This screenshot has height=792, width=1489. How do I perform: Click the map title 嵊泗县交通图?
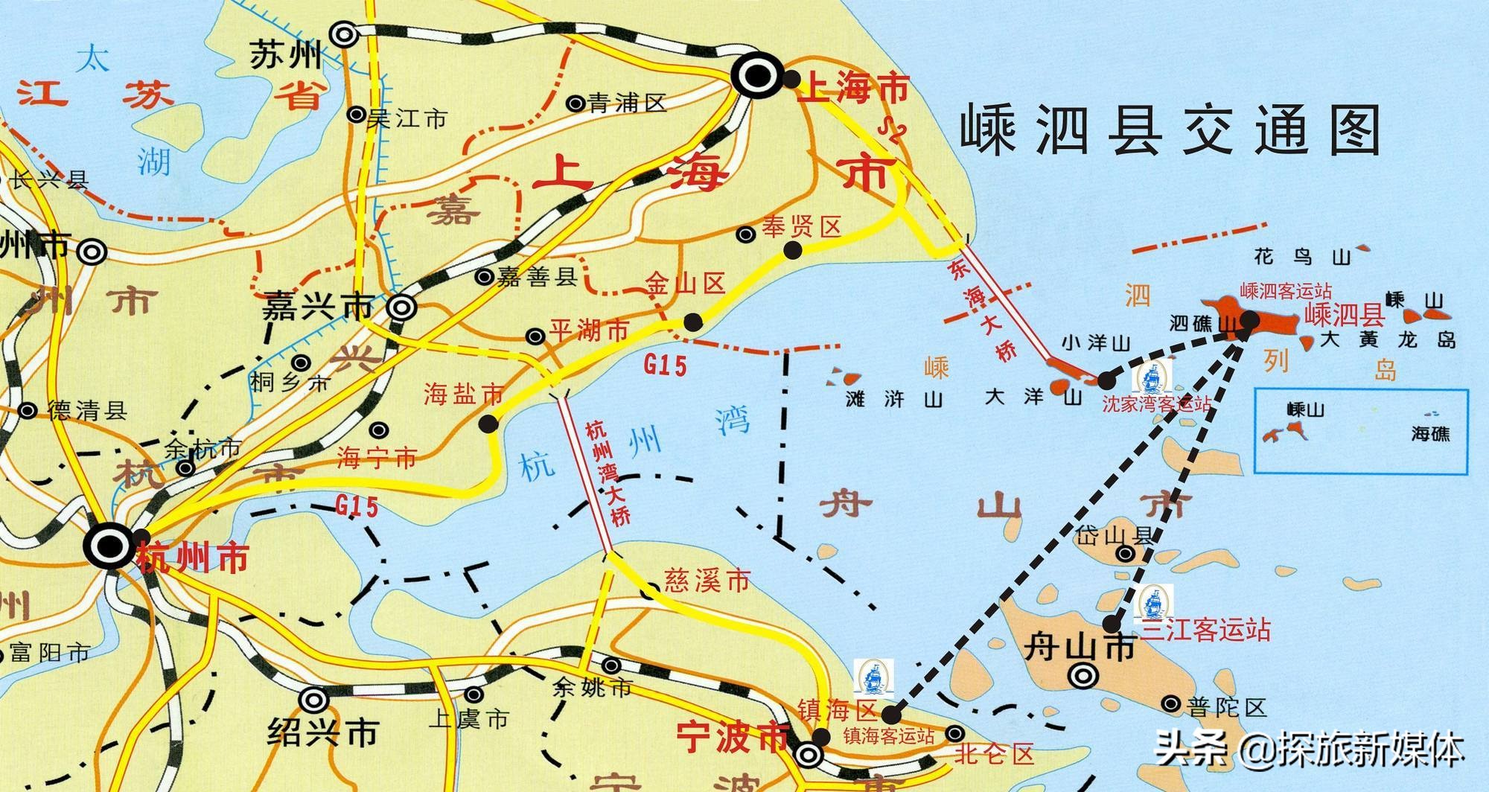[1170, 131]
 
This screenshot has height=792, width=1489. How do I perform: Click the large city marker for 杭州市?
[109, 546]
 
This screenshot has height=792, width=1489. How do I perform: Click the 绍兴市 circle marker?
[313, 700]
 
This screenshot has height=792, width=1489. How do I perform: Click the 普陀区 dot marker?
[1171, 703]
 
